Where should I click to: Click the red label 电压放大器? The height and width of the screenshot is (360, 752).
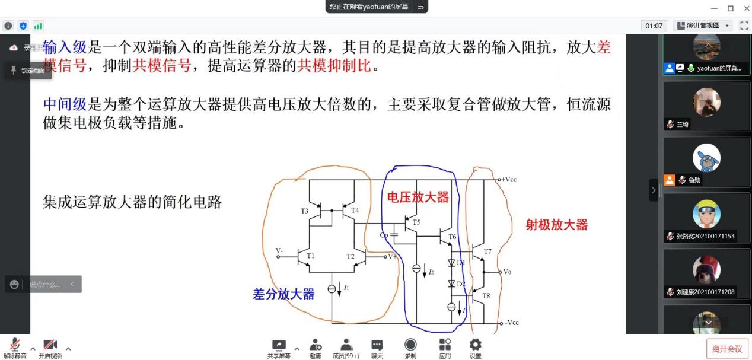pos(418,197)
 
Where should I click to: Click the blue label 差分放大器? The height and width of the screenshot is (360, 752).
pos(283,294)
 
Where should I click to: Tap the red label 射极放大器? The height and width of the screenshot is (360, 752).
pos(556,225)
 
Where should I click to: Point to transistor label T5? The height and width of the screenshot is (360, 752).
pos(416,222)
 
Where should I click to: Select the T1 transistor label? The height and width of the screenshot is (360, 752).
pos(310,256)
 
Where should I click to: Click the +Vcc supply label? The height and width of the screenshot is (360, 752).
pos(508,179)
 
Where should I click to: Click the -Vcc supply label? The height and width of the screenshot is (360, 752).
pos(511,323)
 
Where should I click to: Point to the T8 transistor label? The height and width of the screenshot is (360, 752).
pos(486,295)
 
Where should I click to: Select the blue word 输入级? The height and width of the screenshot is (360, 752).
pos(65,48)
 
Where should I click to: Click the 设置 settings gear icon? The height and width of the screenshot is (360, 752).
pos(475,346)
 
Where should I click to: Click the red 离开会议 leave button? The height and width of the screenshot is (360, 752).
pos(726,349)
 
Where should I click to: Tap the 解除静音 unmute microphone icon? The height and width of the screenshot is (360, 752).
pos(14,346)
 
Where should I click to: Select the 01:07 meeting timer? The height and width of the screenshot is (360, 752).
pos(654,26)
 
